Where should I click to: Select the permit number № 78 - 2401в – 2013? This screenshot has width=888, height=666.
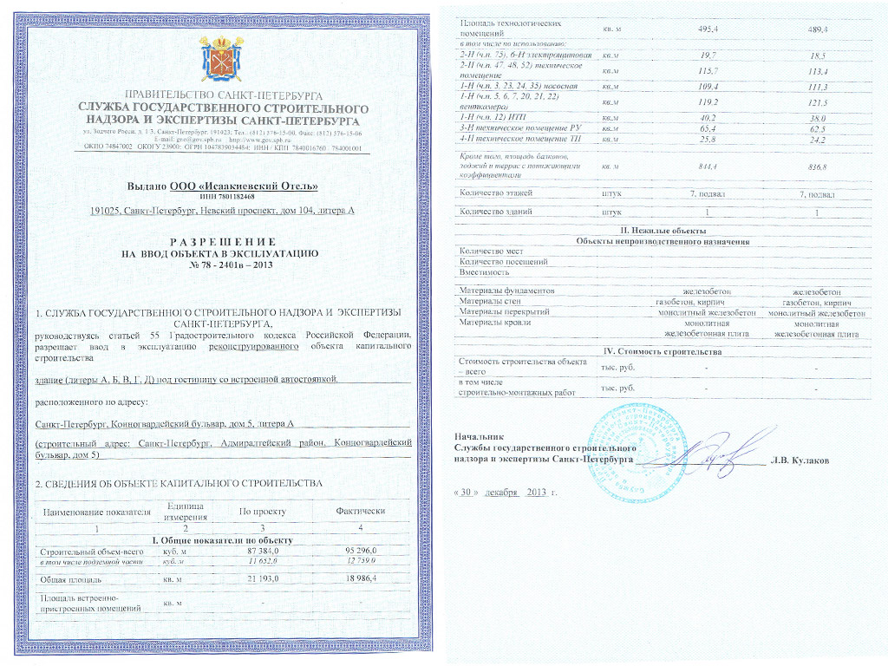tap(224, 264)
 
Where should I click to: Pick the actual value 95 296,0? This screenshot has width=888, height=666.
tap(359, 552)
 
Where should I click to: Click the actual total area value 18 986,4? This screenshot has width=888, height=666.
tap(359, 578)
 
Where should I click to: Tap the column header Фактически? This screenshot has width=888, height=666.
tap(359, 512)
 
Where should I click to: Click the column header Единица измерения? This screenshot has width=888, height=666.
tap(183, 511)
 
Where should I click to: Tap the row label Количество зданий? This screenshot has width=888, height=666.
tap(494, 212)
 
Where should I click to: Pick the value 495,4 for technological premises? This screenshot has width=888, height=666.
tap(712, 29)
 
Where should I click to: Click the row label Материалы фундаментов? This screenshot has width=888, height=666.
tap(506, 291)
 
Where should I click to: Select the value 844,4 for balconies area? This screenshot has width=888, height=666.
tap(712, 166)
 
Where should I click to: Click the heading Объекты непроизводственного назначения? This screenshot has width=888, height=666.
tap(663, 241)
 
